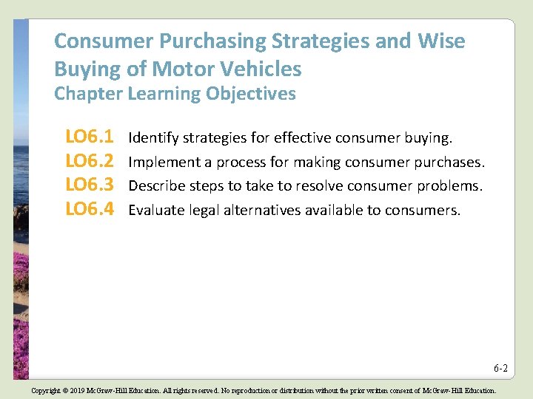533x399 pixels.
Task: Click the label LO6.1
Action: (x=89, y=137)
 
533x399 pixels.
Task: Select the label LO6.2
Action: (x=89, y=161)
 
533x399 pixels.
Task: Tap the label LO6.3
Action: (x=89, y=185)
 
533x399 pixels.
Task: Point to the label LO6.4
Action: (x=89, y=210)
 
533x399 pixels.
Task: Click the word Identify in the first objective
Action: (x=153, y=138)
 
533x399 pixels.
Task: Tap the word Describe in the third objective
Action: (x=155, y=186)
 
